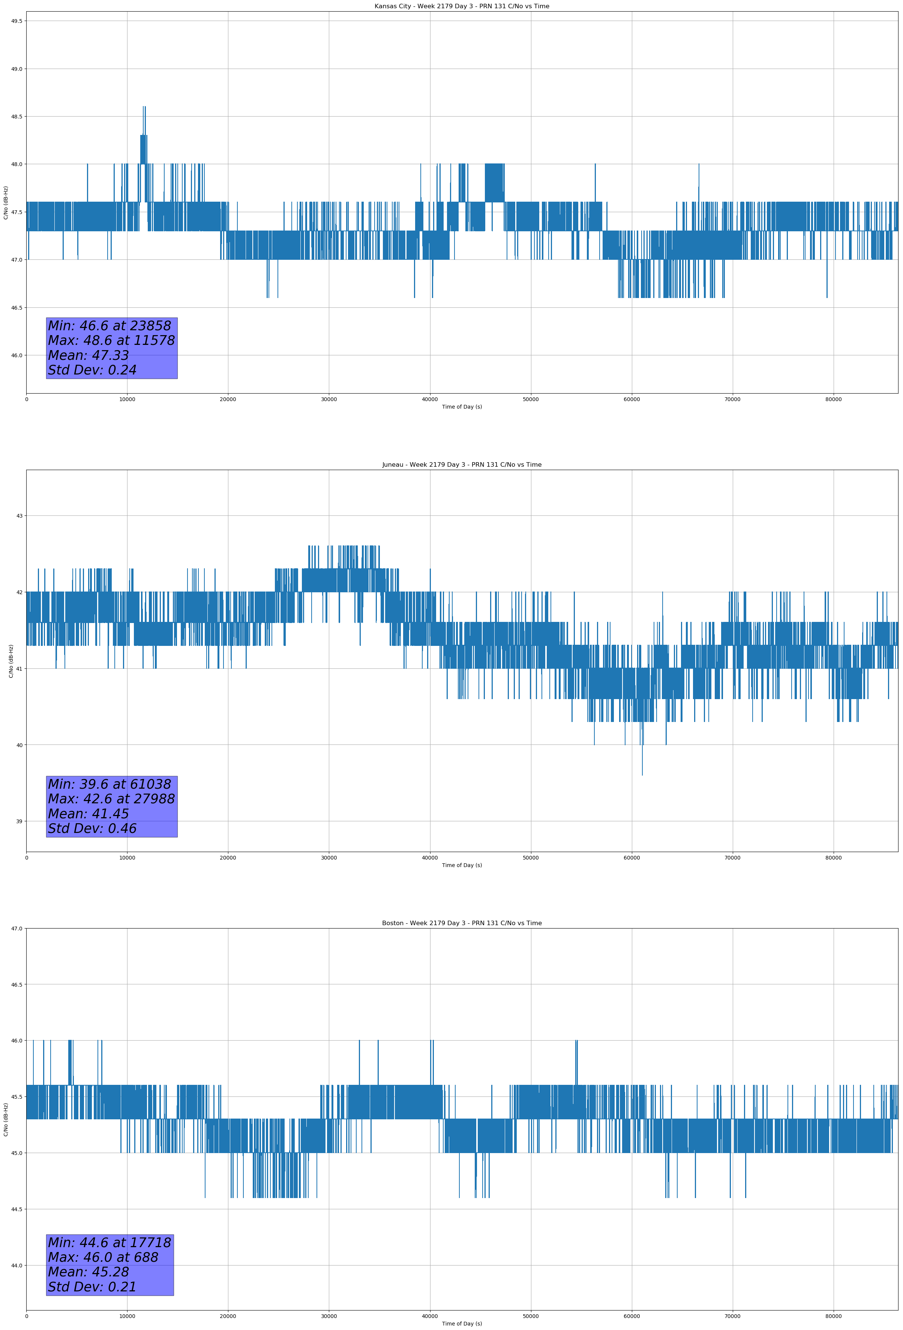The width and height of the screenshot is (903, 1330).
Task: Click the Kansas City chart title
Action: (x=462, y=6)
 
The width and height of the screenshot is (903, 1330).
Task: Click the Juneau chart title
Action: (x=462, y=465)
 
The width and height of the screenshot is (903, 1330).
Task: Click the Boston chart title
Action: (x=462, y=923)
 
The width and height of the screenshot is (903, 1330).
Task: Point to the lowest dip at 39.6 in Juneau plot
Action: (x=642, y=774)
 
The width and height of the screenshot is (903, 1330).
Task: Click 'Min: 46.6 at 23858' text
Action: (x=109, y=326)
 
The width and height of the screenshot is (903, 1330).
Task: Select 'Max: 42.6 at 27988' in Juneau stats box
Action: (x=111, y=799)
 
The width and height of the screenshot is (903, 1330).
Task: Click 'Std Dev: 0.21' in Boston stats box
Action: (x=92, y=1287)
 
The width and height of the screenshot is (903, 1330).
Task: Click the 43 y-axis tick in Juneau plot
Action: (x=19, y=516)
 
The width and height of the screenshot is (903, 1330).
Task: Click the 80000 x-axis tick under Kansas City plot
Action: (x=833, y=400)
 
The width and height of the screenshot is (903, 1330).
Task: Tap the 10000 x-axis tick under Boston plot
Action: (x=127, y=1316)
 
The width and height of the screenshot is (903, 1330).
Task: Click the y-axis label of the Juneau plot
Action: (x=11, y=661)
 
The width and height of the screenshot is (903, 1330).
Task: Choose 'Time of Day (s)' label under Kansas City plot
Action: (x=462, y=407)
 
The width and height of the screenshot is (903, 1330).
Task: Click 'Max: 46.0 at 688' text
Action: (x=103, y=1257)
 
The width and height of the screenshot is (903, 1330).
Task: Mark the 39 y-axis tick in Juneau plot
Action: (x=19, y=822)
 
